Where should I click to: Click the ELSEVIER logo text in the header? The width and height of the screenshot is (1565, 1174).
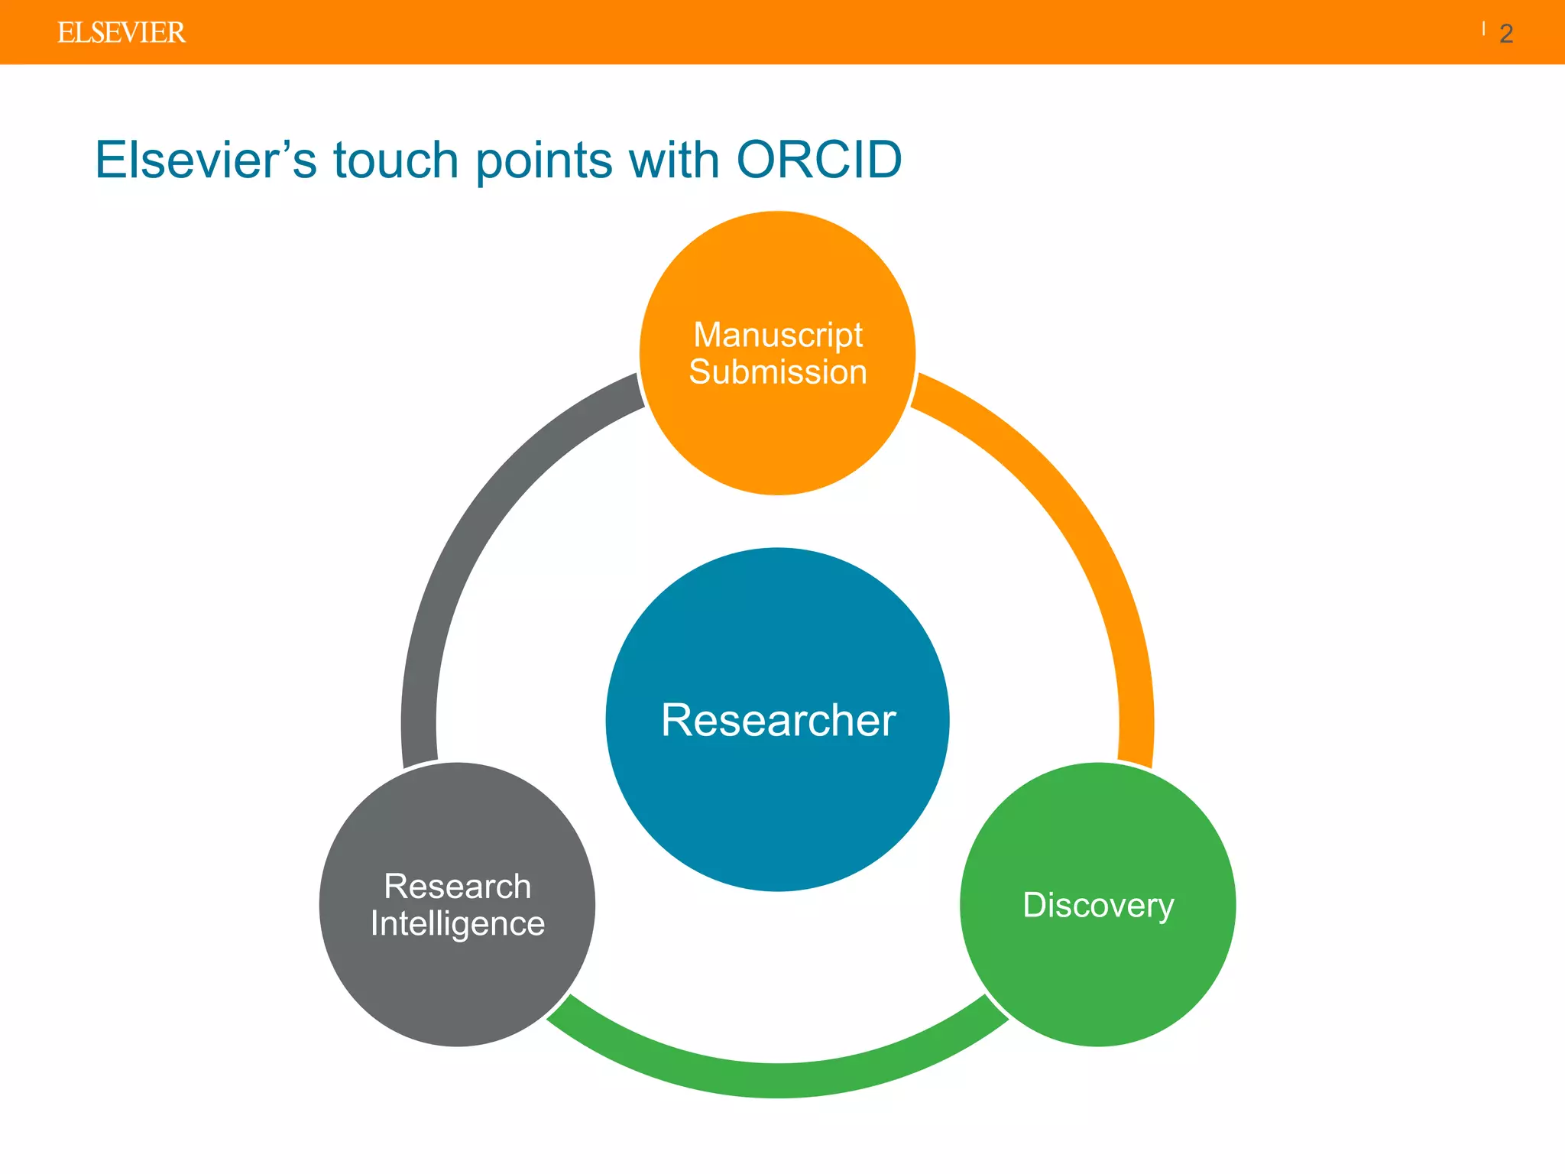click(x=122, y=33)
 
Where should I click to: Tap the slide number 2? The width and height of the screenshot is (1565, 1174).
click(x=1506, y=34)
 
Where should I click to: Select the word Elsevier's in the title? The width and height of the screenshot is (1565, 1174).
click(x=206, y=161)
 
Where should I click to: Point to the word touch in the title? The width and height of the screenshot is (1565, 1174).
click(x=395, y=161)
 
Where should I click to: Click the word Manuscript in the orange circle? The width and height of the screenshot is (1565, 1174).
click(x=778, y=335)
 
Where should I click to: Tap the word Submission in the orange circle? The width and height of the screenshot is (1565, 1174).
click(x=778, y=372)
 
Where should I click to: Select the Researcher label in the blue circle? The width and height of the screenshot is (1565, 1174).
click(x=778, y=720)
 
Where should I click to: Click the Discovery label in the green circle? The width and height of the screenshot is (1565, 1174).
click(x=1098, y=906)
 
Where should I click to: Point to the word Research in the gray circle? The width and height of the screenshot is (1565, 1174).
click(x=457, y=887)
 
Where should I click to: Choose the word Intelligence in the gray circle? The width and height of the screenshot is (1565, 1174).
click(x=457, y=924)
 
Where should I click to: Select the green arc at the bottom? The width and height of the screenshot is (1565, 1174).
click(x=778, y=1079)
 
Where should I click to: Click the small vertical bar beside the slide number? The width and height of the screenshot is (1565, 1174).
click(x=1483, y=29)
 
